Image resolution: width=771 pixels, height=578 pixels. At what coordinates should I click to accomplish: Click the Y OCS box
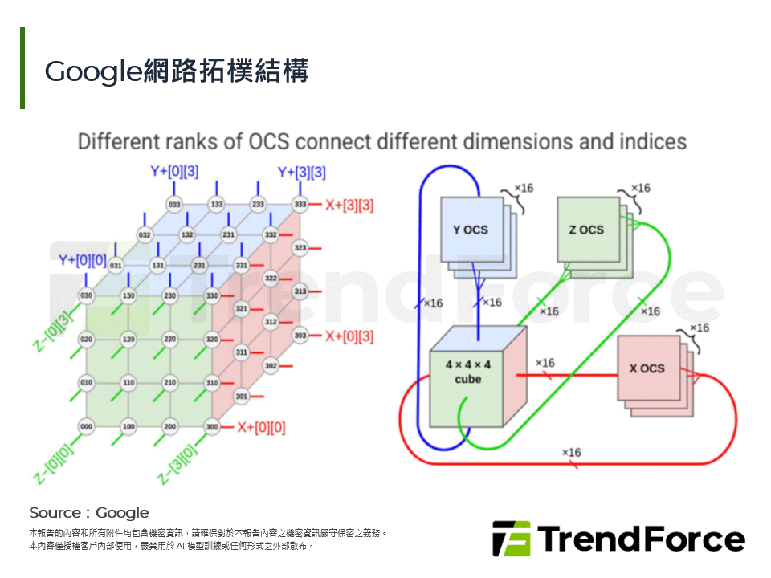(x=470, y=230)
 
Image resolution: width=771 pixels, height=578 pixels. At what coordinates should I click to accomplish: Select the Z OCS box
(x=586, y=230)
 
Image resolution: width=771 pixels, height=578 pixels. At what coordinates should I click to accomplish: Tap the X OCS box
(x=647, y=368)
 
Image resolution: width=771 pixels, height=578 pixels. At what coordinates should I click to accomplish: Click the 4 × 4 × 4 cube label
(x=468, y=371)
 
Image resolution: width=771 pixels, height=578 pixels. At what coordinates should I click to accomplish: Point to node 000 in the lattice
(x=86, y=427)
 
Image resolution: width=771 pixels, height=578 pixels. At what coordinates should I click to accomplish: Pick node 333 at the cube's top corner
(x=300, y=205)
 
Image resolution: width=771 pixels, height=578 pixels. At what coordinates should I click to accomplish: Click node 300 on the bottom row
(x=212, y=427)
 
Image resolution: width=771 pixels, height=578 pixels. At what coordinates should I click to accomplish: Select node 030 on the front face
(x=86, y=296)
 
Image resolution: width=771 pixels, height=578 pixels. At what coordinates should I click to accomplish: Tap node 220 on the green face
(x=170, y=340)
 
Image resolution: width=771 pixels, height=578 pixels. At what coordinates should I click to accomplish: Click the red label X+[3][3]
(x=349, y=205)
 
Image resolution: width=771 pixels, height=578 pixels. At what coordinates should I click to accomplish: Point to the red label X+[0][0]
(x=261, y=427)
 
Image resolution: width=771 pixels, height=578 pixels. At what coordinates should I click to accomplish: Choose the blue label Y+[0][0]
(x=82, y=259)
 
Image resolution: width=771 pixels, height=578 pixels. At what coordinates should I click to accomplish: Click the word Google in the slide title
(x=93, y=72)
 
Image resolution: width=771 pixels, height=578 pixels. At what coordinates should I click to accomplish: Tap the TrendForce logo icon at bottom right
(x=511, y=539)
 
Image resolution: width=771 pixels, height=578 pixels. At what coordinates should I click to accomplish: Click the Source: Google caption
(x=89, y=512)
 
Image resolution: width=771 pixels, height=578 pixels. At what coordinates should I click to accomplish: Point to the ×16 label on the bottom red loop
(x=571, y=453)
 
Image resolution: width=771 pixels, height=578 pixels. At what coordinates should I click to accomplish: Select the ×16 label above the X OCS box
(x=700, y=328)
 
